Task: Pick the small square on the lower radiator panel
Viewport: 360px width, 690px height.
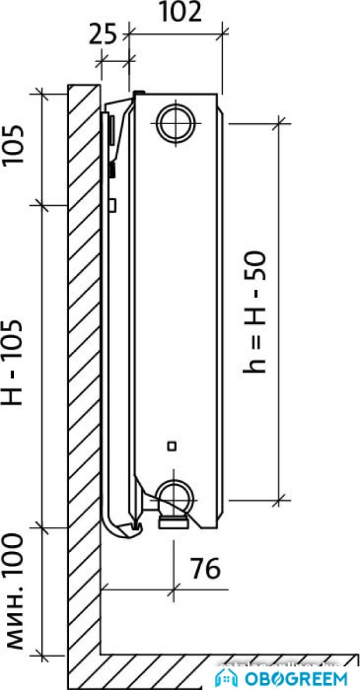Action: point(171,446)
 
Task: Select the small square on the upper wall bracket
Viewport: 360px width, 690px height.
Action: point(113,204)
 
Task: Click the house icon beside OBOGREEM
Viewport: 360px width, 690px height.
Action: point(226,677)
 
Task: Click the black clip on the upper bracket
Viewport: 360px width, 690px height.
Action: point(113,169)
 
